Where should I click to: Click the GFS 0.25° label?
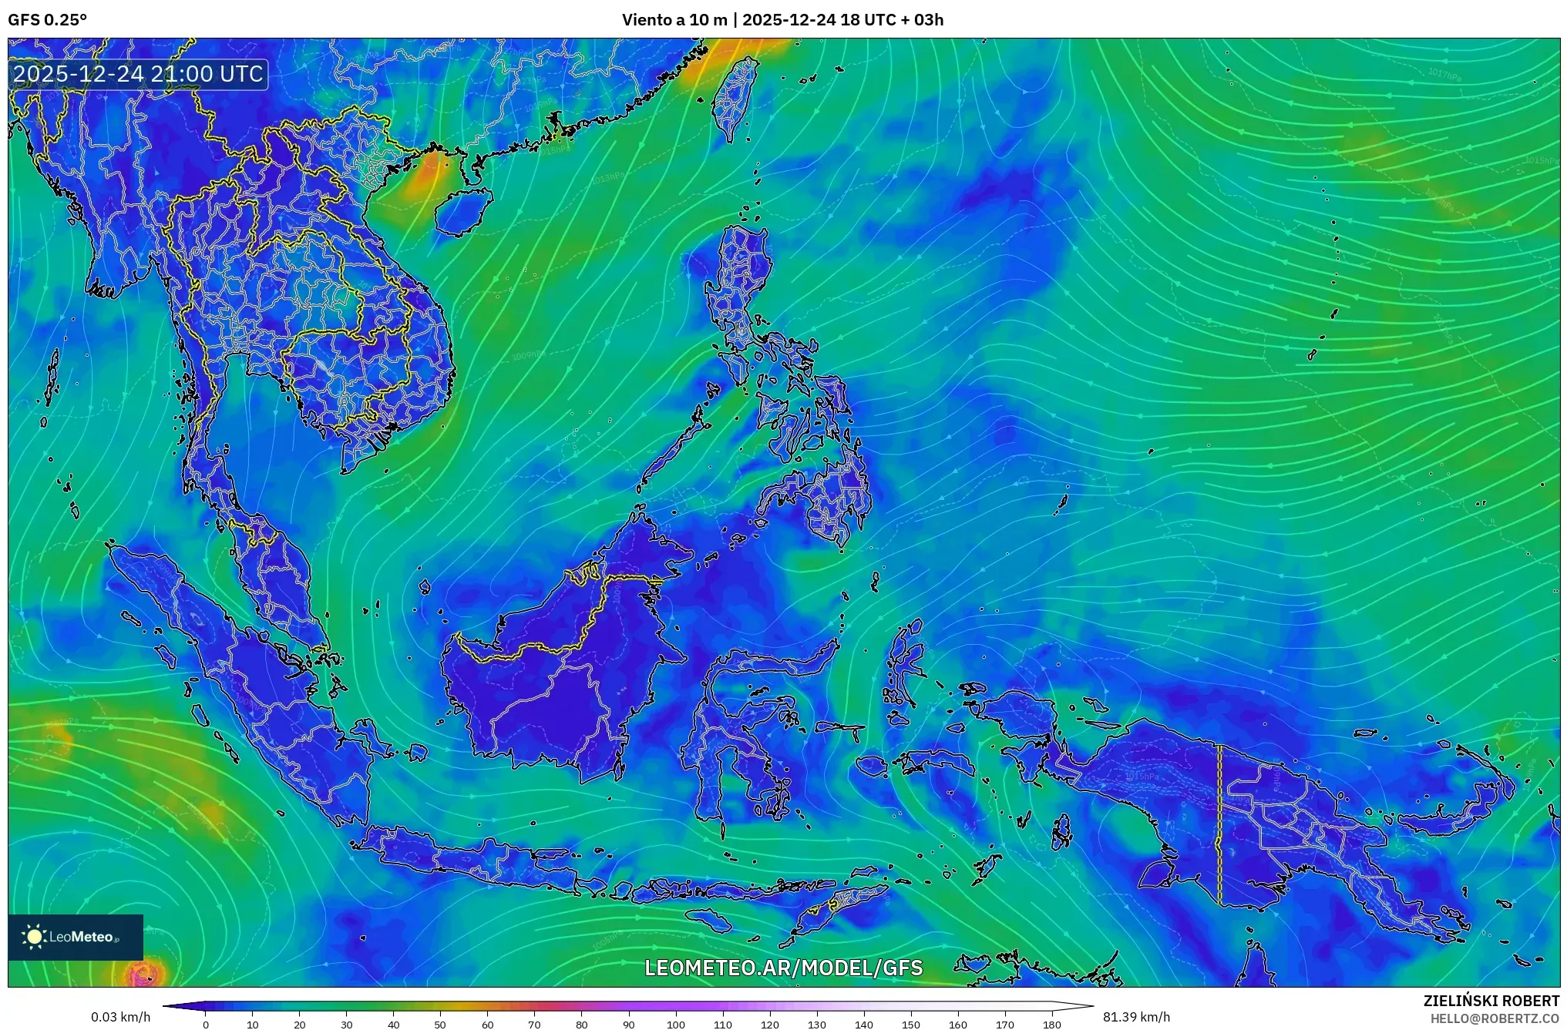click(x=47, y=20)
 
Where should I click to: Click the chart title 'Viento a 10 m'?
click(x=674, y=20)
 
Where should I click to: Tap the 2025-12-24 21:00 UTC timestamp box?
click(x=139, y=75)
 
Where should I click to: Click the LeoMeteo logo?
click(x=76, y=937)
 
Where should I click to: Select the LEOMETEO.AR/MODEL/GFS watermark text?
click(x=783, y=968)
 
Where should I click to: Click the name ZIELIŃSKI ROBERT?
click(x=1491, y=1001)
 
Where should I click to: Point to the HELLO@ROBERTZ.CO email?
click(x=1495, y=1018)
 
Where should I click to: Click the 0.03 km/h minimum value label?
click(x=120, y=1017)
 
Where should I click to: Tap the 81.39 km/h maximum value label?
click(x=1136, y=1017)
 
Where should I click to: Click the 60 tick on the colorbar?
click(x=487, y=1025)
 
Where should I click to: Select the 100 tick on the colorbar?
click(x=675, y=1025)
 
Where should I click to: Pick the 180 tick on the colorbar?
click(x=1052, y=1025)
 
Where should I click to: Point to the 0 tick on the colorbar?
click(x=205, y=1025)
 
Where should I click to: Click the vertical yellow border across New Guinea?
click(x=1219, y=824)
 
